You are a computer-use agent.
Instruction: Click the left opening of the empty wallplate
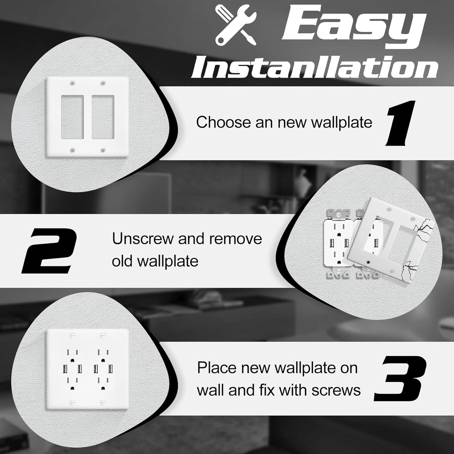[72, 117]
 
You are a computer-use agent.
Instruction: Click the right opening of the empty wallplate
[103, 117]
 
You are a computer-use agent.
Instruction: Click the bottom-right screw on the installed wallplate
[102, 402]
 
